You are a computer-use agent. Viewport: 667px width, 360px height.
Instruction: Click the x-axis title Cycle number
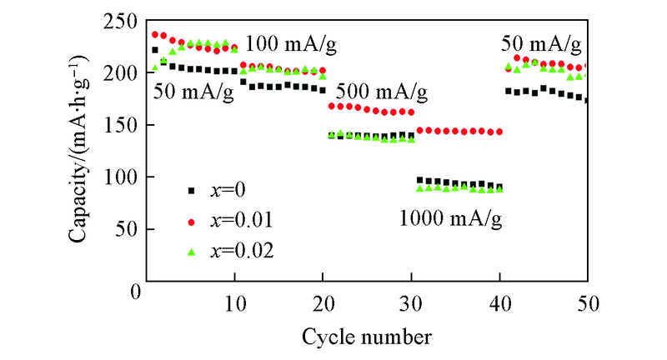click(x=367, y=337)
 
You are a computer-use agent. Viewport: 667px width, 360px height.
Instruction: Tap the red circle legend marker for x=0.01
click(x=191, y=222)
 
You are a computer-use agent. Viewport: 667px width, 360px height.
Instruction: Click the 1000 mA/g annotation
click(x=450, y=220)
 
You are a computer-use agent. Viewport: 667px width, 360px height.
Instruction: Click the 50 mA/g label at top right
click(x=540, y=43)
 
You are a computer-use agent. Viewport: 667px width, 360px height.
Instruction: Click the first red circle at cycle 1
click(x=155, y=35)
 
